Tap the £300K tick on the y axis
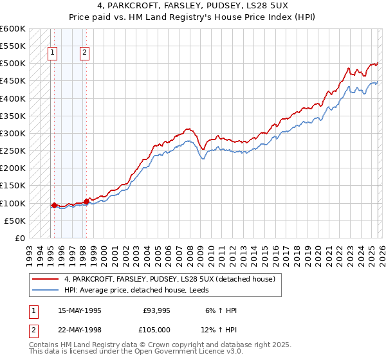click(x=13, y=134)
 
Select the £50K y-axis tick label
click(x=15, y=221)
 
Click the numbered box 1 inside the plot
click(x=52, y=53)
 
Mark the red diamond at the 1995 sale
click(x=54, y=206)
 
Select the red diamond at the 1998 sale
click(x=86, y=202)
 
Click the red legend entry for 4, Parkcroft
click(x=170, y=279)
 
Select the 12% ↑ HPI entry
click(x=221, y=330)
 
